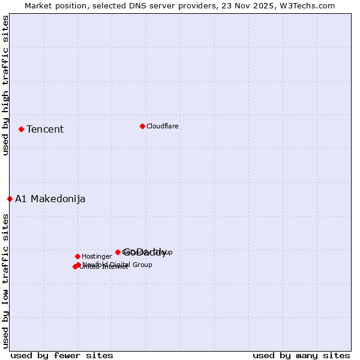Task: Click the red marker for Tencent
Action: coord(21,129)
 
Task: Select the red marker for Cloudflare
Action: coord(142,126)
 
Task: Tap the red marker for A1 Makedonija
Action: coord(10,199)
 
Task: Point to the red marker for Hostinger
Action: coord(77,256)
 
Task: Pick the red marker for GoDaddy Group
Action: coord(118,252)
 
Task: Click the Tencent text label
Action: coord(45,130)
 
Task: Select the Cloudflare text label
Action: coord(163,127)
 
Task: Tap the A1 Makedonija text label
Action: coord(50,199)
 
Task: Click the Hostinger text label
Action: coord(97,257)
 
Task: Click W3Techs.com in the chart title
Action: coord(310,6)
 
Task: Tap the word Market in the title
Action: coord(38,6)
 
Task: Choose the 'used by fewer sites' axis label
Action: coord(62,355)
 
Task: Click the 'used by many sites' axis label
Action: coord(301,355)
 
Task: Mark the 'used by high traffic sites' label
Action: coord(6,86)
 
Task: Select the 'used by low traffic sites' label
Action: coord(6,280)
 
